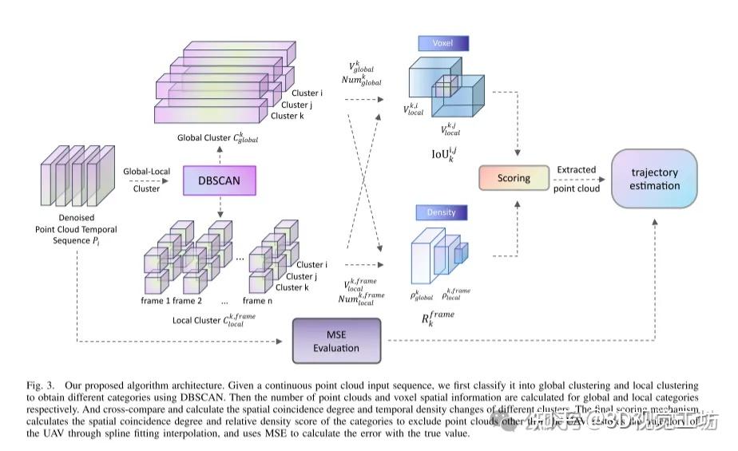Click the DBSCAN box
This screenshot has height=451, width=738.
[219, 181]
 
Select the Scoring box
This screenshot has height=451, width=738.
[513, 177]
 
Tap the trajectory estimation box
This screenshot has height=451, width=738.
[654, 179]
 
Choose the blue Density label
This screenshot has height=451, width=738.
[441, 212]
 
